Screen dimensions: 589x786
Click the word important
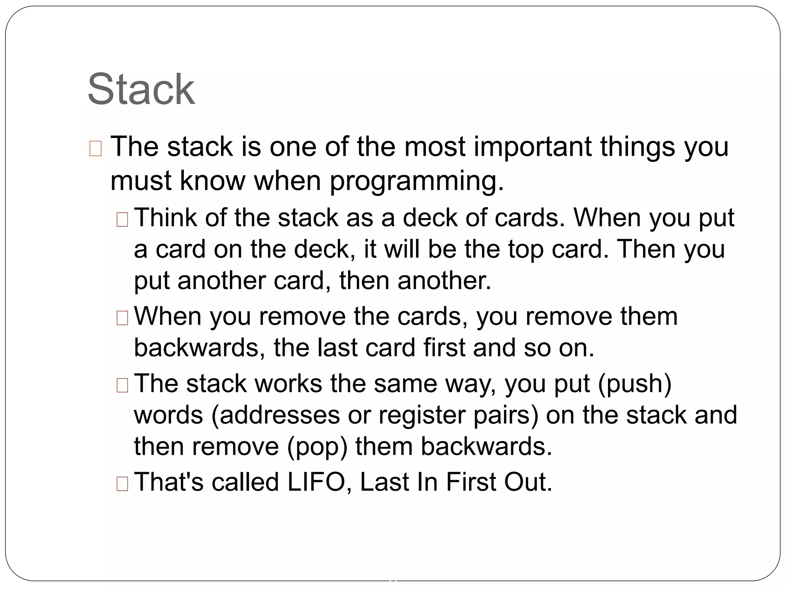[x=533, y=147]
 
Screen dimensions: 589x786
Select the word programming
[x=416, y=181]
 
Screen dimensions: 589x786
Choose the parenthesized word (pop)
[x=317, y=447]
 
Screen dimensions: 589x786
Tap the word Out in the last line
[x=528, y=482]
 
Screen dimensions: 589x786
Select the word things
[x=637, y=147]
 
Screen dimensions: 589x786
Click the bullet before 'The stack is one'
[x=95, y=149]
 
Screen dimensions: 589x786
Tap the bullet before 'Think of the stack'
[x=122, y=220]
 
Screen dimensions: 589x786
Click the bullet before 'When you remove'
[x=122, y=318]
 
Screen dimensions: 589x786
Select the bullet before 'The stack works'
[x=122, y=385]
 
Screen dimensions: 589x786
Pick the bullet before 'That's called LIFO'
[x=122, y=484]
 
